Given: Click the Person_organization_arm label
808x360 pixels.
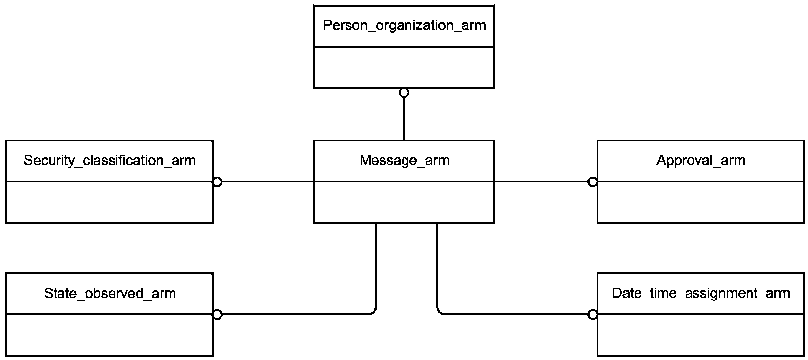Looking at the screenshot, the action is click(x=404, y=26).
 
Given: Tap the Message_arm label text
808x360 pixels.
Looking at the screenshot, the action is click(x=404, y=160).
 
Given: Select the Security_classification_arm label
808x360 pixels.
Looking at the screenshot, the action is click(x=110, y=161).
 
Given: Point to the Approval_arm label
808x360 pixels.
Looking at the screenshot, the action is click(x=700, y=160).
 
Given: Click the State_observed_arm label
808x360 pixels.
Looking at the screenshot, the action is click(x=110, y=293).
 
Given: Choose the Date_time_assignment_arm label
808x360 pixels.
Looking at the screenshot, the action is click(x=701, y=293).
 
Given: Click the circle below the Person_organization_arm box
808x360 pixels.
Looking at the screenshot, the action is click(x=404, y=93).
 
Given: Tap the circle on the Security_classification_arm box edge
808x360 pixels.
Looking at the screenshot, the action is click(x=217, y=182).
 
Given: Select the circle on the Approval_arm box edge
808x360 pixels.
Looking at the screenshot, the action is click(x=593, y=182).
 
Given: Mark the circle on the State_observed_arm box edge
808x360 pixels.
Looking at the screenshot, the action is click(x=217, y=314).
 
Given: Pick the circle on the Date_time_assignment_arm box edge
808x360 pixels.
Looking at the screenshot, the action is click(x=593, y=314).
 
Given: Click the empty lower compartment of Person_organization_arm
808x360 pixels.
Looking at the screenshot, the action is click(x=404, y=67).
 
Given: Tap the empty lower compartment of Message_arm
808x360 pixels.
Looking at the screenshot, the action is click(x=404, y=202).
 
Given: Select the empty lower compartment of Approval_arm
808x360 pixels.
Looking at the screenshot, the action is click(x=700, y=202).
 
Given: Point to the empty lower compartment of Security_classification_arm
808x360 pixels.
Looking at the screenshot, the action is click(x=110, y=202).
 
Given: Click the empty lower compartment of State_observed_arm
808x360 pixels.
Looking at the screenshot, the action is click(x=110, y=335).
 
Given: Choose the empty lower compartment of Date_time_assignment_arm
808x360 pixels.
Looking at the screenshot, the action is click(x=700, y=335).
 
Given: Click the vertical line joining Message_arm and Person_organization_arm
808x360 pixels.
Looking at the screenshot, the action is click(x=404, y=119).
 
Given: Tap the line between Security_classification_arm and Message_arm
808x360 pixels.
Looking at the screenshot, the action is click(x=268, y=182).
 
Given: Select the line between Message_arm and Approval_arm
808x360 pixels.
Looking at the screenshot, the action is click(x=541, y=182).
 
